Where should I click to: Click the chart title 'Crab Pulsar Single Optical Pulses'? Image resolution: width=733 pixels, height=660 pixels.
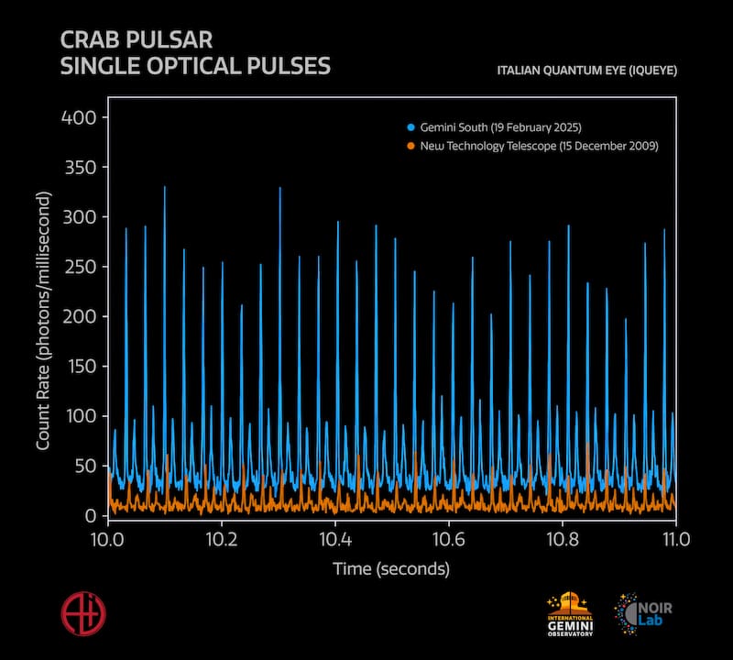tap(195, 54)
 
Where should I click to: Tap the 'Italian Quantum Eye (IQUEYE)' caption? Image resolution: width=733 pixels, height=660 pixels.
tap(586, 71)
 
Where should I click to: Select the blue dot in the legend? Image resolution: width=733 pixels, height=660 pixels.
tap(411, 126)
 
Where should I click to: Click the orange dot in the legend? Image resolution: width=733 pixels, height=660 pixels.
tap(411, 146)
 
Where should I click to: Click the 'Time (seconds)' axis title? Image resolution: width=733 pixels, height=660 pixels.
tap(391, 570)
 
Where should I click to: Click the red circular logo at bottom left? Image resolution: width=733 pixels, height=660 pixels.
tap(82, 611)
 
